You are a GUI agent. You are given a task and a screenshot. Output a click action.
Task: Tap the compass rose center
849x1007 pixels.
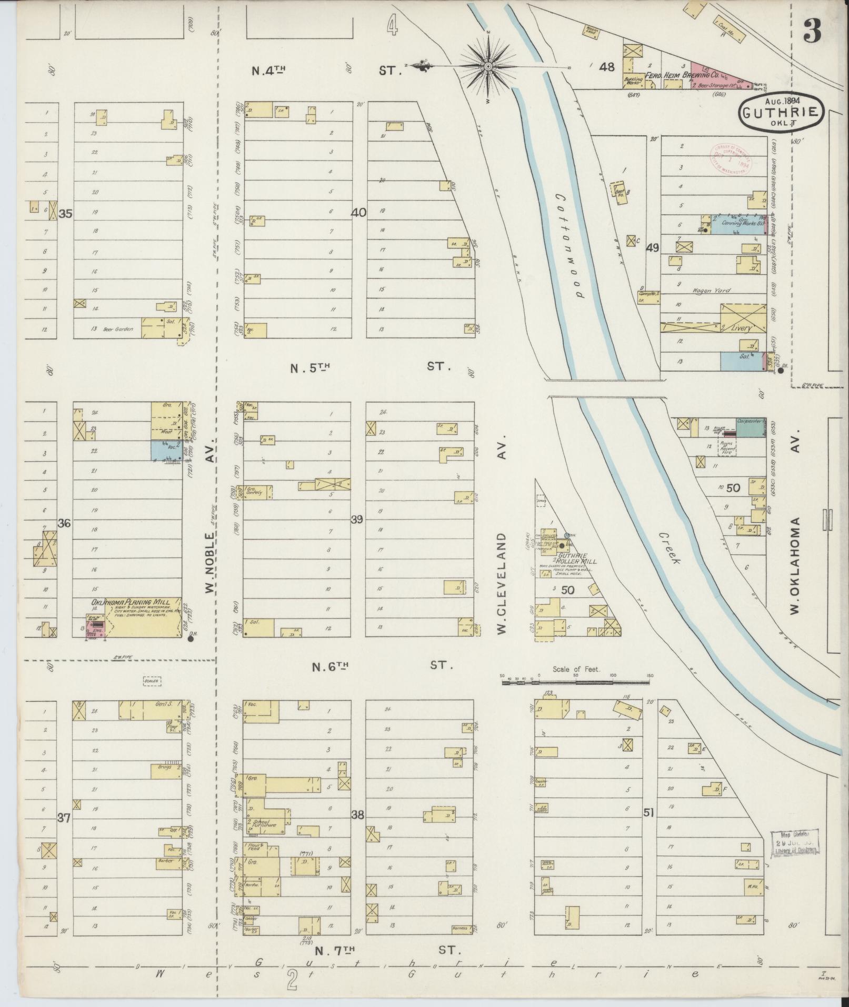(x=488, y=66)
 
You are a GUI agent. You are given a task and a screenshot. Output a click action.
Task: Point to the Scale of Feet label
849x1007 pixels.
(x=576, y=670)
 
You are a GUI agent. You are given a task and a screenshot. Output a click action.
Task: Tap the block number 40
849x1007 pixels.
(x=359, y=213)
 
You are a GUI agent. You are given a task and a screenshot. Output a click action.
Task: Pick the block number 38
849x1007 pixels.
(x=357, y=830)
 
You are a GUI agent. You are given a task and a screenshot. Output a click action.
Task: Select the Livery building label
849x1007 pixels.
(x=739, y=328)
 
